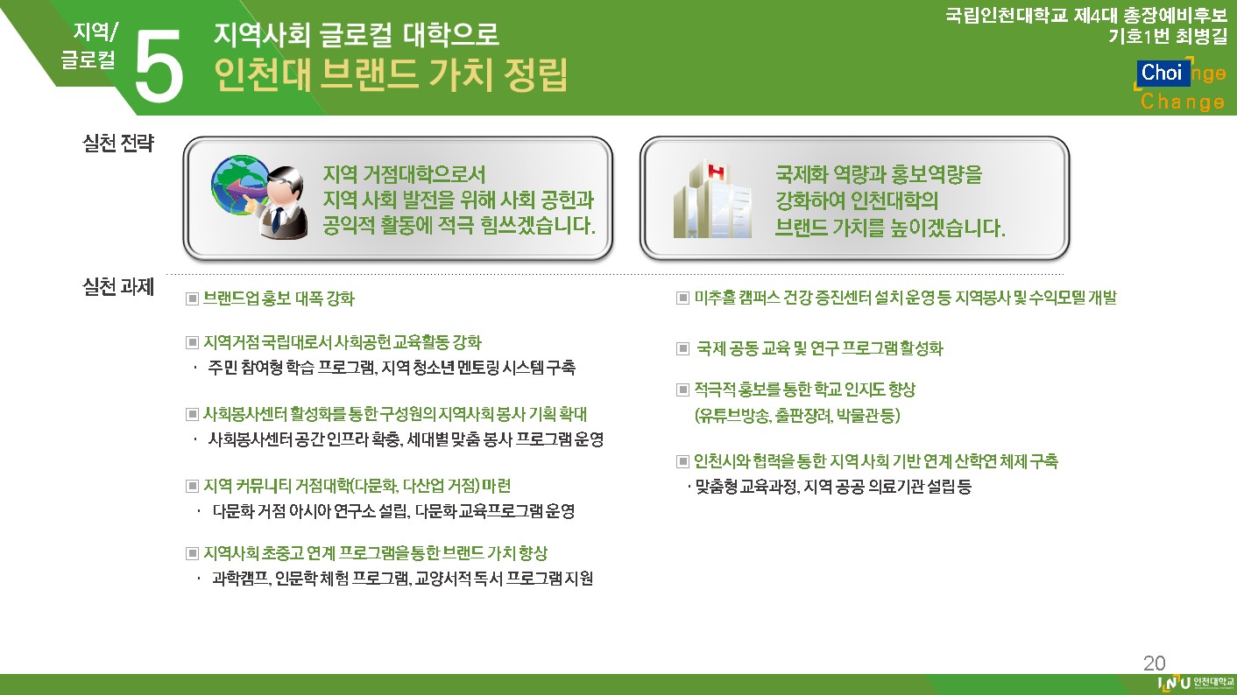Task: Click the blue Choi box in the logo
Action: (x=1163, y=73)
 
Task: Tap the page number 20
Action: (x=1154, y=663)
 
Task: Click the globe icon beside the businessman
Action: (x=237, y=185)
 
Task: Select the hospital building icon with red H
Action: (x=712, y=199)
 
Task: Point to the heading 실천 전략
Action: (x=117, y=144)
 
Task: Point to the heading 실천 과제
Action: (x=117, y=287)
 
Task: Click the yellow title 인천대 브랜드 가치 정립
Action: (x=391, y=74)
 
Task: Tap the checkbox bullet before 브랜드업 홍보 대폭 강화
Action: (x=192, y=299)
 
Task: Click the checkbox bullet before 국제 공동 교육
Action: (x=683, y=348)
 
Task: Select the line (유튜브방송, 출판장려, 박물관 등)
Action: (x=797, y=415)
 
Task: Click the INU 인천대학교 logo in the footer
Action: (x=1195, y=684)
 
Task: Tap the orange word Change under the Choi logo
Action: (x=1183, y=102)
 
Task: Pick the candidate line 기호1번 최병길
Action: (x=1167, y=37)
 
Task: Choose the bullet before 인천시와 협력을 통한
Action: (x=683, y=460)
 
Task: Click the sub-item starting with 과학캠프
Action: (x=402, y=578)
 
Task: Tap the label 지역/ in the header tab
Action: (x=95, y=32)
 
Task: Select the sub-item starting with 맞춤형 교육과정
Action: (x=833, y=487)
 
